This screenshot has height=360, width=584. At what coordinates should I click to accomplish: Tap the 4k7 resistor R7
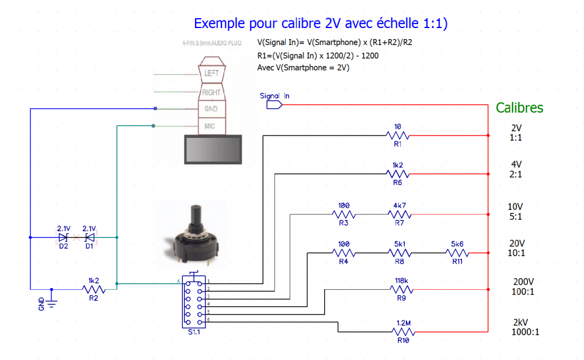pos(399,214)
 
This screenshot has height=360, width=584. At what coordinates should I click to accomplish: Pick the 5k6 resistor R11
pos(457,253)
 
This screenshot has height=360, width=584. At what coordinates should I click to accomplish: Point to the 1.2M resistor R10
pos(401,331)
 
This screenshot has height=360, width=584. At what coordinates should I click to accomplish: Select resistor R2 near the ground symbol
pos(93,289)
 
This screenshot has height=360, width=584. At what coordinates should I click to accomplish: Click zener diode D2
pos(63,238)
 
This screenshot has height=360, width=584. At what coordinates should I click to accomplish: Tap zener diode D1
pos(89,238)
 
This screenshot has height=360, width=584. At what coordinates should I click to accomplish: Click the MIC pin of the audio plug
pos(210,126)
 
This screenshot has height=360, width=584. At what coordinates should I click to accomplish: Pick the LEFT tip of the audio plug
pos(211,74)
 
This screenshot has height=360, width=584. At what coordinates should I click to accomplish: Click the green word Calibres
pos(519,108)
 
